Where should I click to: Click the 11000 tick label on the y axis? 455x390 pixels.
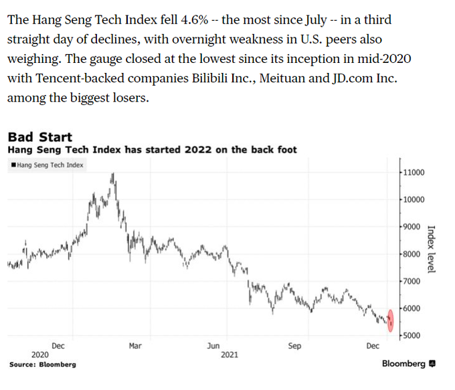(414, 173)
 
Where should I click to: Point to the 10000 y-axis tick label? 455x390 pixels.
(414, 200)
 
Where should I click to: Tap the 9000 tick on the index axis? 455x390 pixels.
(412, 227)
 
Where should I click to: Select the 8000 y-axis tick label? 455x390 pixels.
(412, 254)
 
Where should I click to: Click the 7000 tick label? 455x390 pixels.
(412, 281)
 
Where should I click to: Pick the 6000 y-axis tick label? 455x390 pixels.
(412, 308)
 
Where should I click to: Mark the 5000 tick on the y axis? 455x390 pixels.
(412, 335)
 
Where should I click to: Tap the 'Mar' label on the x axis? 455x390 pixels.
(134, 346)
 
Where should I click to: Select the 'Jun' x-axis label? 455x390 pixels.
(212, 346)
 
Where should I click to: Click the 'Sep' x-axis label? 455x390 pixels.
(294, 346)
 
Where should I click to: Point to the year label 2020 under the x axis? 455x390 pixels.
(40, 355)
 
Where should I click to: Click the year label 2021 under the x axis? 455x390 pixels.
(229, 355)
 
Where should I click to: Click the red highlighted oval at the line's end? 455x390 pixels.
(391, 320)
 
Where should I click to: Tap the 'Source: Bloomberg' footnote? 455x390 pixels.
(42, 365)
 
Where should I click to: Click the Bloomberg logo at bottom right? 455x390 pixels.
(408, 364)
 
